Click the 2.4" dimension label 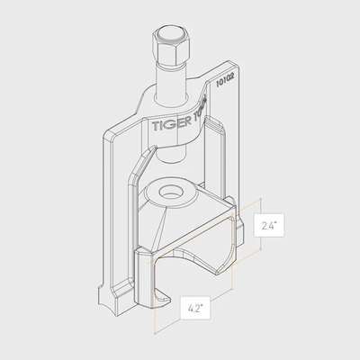pos(269,226)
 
